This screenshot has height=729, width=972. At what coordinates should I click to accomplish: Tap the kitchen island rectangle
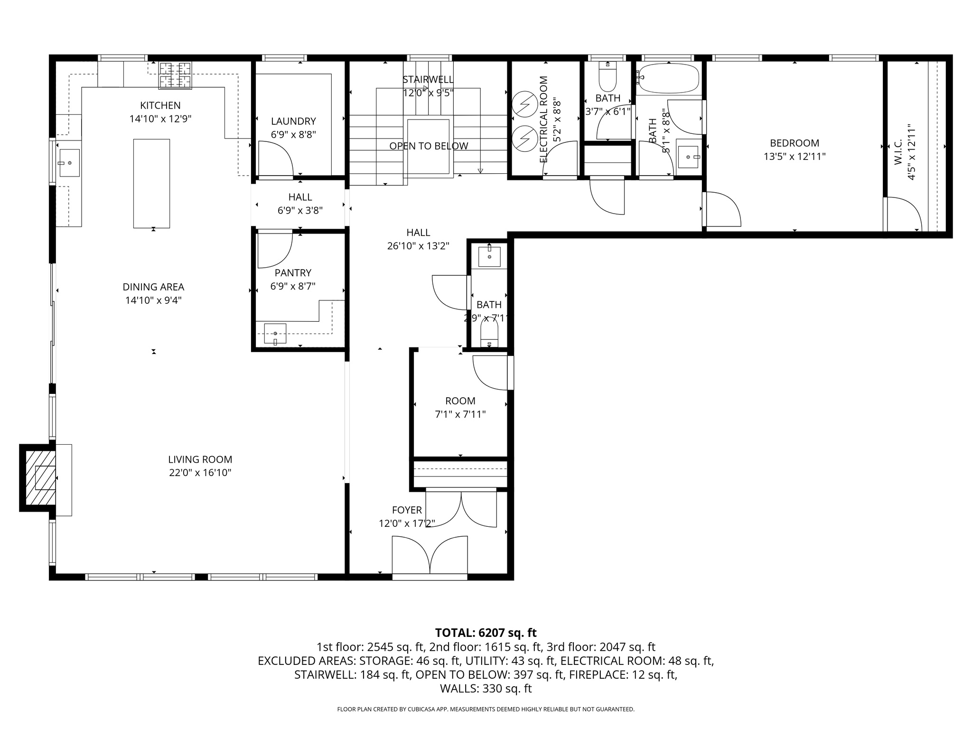point(151,183)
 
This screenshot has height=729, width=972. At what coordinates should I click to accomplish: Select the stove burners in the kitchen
point(175,76)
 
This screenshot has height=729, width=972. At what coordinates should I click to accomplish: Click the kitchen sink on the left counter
point(69,163)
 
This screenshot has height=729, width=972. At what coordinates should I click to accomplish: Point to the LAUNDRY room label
point(293,121)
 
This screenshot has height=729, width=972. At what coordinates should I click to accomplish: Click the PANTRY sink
point(275,333)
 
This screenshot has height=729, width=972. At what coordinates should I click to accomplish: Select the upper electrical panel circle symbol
point(524,104)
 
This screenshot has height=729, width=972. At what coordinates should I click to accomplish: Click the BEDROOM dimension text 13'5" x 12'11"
point(794,157)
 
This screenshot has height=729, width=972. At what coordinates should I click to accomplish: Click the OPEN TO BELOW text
point(429,146)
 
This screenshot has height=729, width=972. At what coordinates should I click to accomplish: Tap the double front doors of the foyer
point(430,555)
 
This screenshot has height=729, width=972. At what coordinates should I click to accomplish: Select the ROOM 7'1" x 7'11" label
point(460,408)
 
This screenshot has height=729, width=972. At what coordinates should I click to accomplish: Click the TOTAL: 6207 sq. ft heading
point(486,633)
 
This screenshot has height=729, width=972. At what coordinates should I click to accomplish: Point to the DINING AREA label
point(153,287)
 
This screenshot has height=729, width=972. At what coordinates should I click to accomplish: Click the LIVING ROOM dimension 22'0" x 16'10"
point(200,473)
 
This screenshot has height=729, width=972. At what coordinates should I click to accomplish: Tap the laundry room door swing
point(275,159)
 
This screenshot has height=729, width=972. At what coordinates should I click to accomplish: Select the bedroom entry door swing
point(721,209)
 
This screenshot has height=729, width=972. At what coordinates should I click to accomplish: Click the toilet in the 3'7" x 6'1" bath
point(607,78)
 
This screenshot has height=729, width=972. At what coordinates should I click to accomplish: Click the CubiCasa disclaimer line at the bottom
point(486,710)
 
